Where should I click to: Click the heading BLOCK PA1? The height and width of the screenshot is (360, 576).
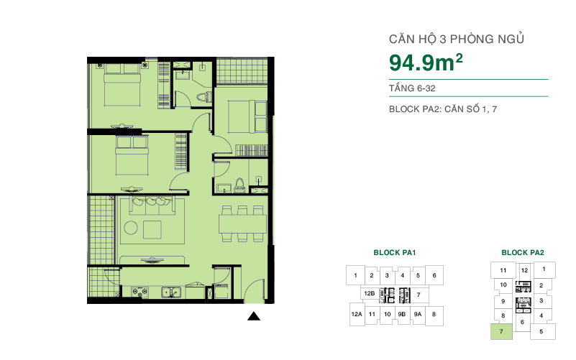395,253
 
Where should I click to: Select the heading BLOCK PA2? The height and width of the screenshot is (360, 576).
522,253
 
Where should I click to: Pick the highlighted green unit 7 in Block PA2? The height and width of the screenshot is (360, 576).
501,331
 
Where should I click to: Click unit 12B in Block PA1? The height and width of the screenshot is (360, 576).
369,294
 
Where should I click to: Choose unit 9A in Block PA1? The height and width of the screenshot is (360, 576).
418,314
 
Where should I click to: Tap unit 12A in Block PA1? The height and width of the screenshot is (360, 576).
355,314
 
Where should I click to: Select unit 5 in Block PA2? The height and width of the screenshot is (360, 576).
541,331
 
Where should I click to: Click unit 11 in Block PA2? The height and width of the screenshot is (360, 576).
503,271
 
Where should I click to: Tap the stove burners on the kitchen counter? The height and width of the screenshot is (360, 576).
140,291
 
